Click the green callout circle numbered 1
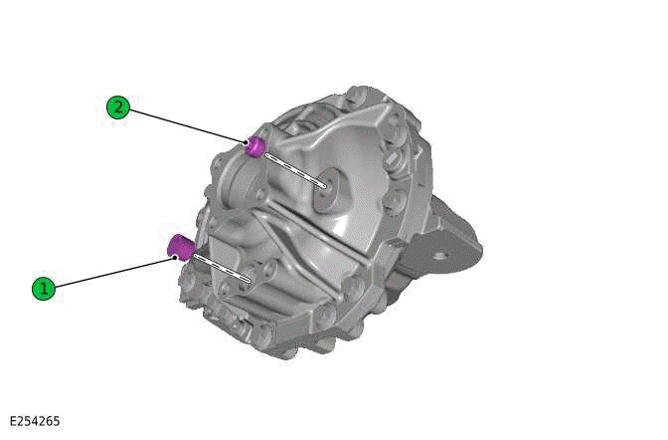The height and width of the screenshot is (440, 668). click(43, 289)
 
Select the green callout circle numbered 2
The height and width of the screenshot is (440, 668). click(118, 107)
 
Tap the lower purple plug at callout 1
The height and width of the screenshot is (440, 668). click(180, 245)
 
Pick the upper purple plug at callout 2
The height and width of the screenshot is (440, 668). click(255, 146)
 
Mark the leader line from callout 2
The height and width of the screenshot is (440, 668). click(184, 124)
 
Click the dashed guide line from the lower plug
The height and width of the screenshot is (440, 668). click(221, 266)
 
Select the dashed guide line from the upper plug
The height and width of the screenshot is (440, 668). click(293, 167)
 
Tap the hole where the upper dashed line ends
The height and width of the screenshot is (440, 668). click(325, 185)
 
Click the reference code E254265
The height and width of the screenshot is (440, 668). click(35, 421)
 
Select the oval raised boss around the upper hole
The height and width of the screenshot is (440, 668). click(328, 189)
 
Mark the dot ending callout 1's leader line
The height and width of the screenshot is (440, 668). click(175, 259)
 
